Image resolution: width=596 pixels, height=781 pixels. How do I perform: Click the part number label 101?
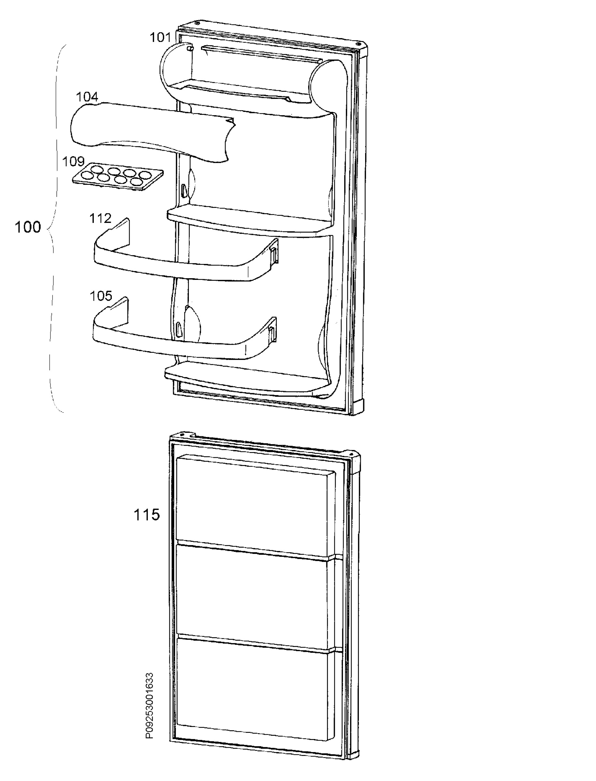click(x=160, y=37)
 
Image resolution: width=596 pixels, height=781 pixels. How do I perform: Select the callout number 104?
click(x=87, y=97)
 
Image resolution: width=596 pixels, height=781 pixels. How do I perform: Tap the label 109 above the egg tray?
click(x=73, y=162)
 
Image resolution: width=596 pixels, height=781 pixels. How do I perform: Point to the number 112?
click(x=100, y=218)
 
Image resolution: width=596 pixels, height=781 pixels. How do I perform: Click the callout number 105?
click(x=101, y=296)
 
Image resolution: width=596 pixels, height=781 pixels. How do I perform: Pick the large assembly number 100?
click(x=28, y=227)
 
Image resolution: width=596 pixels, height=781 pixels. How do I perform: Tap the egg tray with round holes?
click(x=118, y=176)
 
